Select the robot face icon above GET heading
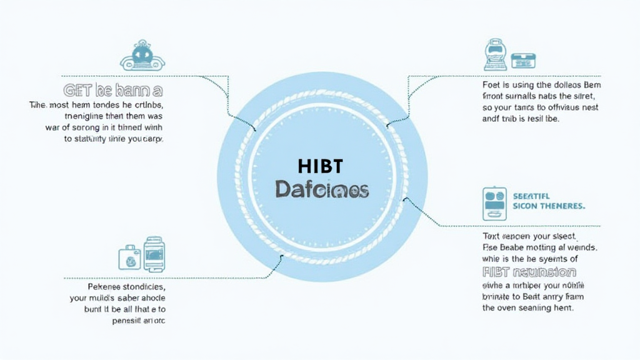pyautogui.click(x=142, y=56)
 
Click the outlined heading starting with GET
pyautogui.click(x=113, y=91)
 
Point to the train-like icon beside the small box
pyautogui.click(x=495, y=54)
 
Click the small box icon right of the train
pyautogui.click(x=523, y=61)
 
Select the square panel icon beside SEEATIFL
pyautogui.click(x=494, y=203)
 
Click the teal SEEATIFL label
pyautogui.click(x=532, y=196)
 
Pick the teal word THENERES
pyautogui.click(x=561, y=206)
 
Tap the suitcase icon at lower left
pyautogui.click(x=129, y=256)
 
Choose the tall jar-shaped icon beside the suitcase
pyautogui.click(x=154, y=252)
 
